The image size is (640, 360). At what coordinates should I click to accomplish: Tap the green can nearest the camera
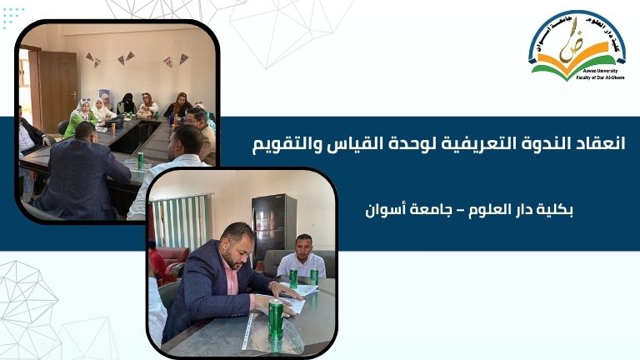(x=275, y=320)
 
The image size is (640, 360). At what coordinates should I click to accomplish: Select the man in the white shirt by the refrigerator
(x=300, y=260)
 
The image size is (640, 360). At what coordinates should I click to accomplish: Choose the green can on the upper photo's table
(x=140, y=160)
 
